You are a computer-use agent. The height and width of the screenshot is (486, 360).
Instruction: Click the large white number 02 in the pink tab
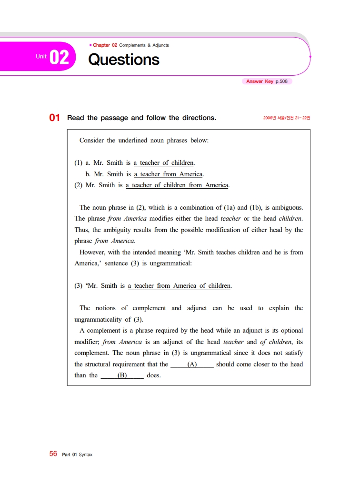point(59,58)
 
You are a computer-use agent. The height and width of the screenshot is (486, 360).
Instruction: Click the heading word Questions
point(124,60)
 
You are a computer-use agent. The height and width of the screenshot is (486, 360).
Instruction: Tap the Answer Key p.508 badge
point(267,81)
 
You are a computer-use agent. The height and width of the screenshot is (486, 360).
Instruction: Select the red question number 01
point(55,118)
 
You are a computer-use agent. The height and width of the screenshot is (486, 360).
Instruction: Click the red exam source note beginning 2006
point(286,118)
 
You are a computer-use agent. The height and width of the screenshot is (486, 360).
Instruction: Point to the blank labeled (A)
point(192,364)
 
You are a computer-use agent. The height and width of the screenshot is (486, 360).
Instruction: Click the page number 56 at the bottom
point(53,454)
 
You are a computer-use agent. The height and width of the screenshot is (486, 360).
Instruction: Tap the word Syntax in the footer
point(86,455)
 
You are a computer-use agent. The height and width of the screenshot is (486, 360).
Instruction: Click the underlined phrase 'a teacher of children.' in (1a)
point(164,163)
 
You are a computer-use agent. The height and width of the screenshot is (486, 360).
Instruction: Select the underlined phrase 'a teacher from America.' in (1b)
point(169,174)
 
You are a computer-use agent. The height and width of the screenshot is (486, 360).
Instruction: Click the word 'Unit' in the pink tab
point(41,57)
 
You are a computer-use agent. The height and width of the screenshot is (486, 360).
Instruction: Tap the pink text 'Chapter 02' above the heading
point(105,45)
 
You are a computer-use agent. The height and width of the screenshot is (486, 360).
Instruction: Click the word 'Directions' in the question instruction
point(199,118)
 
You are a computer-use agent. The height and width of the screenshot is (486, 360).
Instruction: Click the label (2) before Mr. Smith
point(79,185)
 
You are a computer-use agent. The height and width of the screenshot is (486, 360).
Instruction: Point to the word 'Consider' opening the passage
point(91,141)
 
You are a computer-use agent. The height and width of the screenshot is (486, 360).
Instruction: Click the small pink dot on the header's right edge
point(310,56)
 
